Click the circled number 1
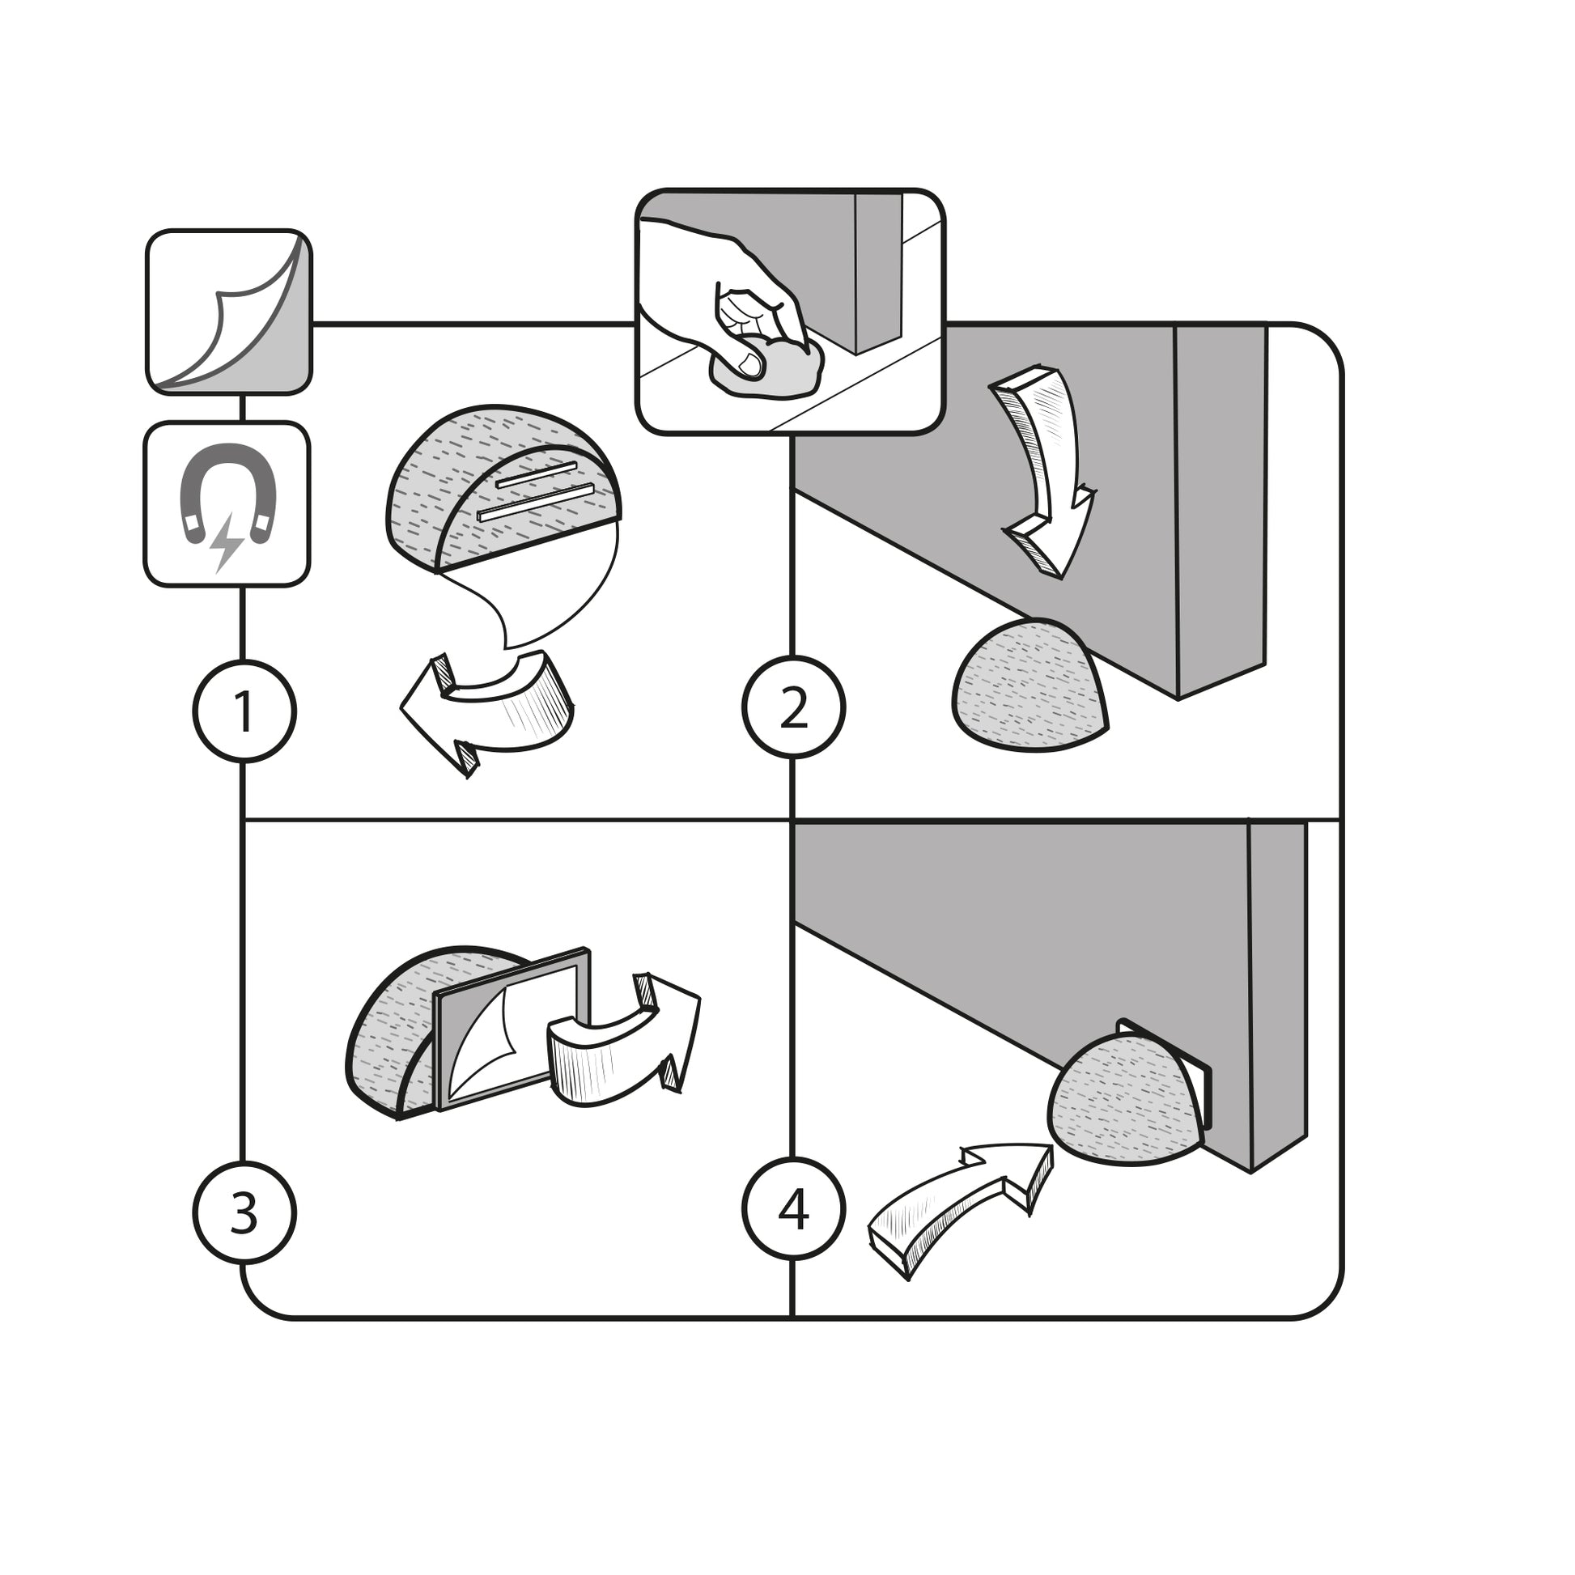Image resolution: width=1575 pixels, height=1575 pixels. point(244,711)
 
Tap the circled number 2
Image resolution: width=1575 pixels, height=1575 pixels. point(793,707)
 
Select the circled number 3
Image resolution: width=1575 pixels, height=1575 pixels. point(244,1212)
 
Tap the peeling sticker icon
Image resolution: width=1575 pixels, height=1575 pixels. point(229,312)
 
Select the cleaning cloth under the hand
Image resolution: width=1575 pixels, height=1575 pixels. point(771,371)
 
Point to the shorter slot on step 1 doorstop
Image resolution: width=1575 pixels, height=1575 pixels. point(537,474)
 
